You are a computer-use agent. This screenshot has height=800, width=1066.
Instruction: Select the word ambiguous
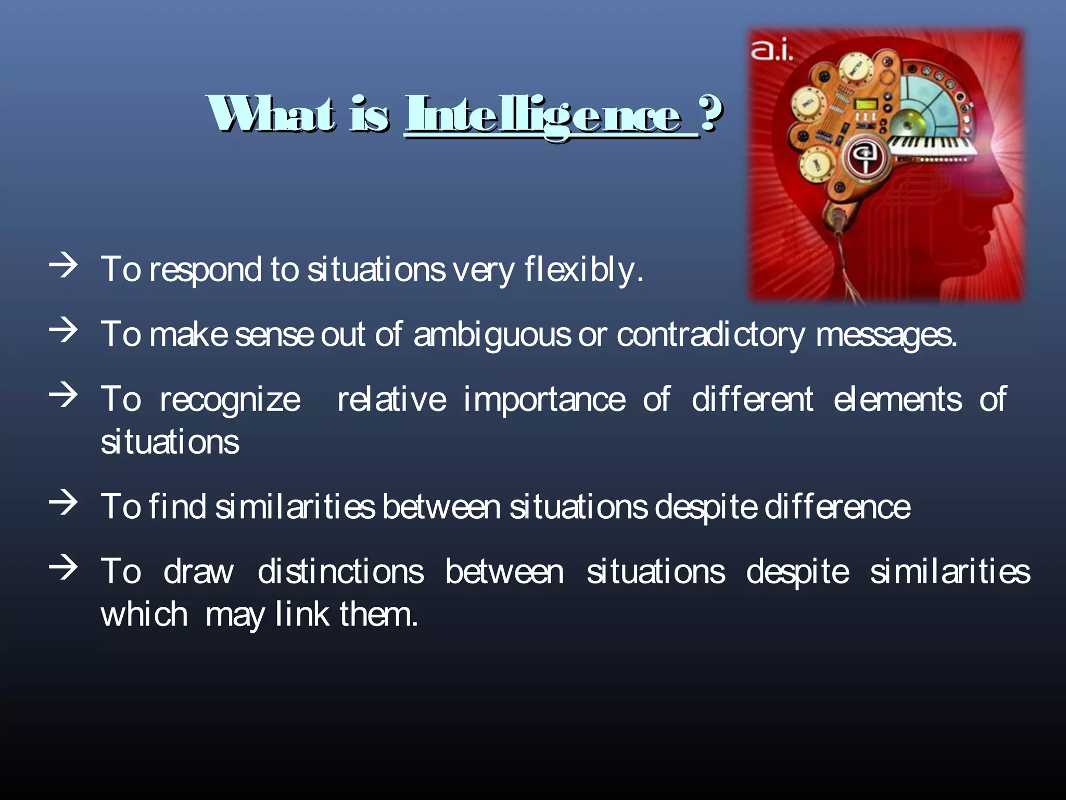(492, 334)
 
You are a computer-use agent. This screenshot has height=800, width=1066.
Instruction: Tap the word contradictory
(710, 334)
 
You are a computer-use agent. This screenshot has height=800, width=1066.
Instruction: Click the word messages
(886, 334)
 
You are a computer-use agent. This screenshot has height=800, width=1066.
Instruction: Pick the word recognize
(230, 400)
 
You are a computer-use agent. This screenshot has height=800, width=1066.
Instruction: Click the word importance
(544, 400)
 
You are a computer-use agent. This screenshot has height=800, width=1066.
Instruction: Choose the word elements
(897, 400)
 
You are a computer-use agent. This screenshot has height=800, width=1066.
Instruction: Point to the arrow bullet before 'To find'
(64, 503)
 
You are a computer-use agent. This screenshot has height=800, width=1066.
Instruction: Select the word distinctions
(341, 571)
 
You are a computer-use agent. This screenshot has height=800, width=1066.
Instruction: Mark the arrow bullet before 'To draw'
(64, 567)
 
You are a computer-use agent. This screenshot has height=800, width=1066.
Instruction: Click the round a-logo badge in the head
(864, 155)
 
